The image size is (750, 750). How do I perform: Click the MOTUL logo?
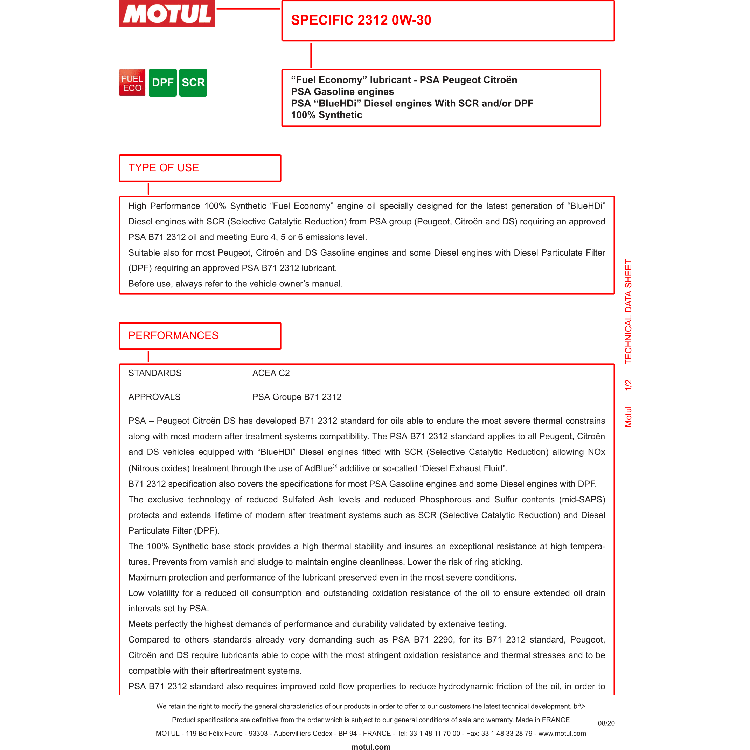[167, 13]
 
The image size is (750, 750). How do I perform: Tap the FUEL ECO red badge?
[132, 83]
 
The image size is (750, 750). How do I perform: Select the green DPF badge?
[163, 83]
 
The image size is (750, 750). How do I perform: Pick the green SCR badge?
[193, 83]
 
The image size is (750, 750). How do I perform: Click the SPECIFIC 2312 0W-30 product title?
[361, 20]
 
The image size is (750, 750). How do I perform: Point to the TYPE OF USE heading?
[164, 168]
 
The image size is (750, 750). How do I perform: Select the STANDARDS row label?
[155, 373]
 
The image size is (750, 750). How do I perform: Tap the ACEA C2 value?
[271, 373]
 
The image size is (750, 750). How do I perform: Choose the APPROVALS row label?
[154, 397]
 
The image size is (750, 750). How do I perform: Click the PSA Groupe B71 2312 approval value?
[297, 397]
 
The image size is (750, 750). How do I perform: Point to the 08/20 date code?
[606, 723]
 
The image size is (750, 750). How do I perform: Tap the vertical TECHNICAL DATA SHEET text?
[628, 312]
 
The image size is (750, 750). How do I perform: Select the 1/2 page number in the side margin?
[628, 385]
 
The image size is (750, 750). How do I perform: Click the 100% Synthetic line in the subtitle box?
[326, 115]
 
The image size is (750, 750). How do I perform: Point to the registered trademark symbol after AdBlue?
[335, 466]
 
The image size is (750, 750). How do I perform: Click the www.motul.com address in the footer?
[562, 733]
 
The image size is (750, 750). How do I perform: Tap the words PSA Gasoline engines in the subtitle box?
[342, 92]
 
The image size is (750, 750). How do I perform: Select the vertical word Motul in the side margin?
[628, 417]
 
